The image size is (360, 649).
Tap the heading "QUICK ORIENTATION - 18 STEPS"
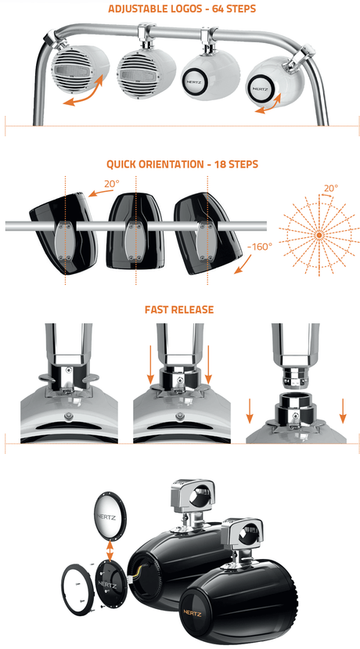click(181, 165)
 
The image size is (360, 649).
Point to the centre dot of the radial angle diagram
click(319, 234)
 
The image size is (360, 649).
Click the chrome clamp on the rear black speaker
click(189, 497)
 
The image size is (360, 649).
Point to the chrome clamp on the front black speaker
click(247, 539)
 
